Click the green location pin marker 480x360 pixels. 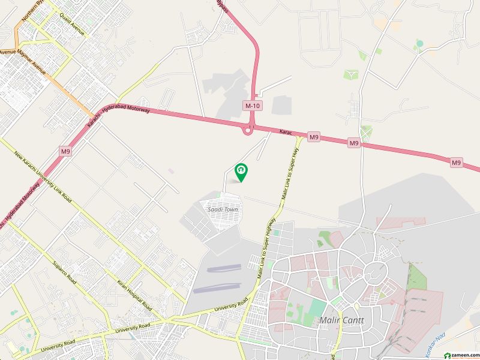(241, 172)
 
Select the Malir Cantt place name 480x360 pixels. (343, 320)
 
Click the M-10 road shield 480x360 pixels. (252, 106)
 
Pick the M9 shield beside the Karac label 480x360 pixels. (314, 137)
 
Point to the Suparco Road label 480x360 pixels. (64, 272)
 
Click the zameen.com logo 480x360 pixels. (460, 355)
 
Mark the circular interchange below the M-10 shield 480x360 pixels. (247, 130)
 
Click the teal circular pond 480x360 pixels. (419, 43)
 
